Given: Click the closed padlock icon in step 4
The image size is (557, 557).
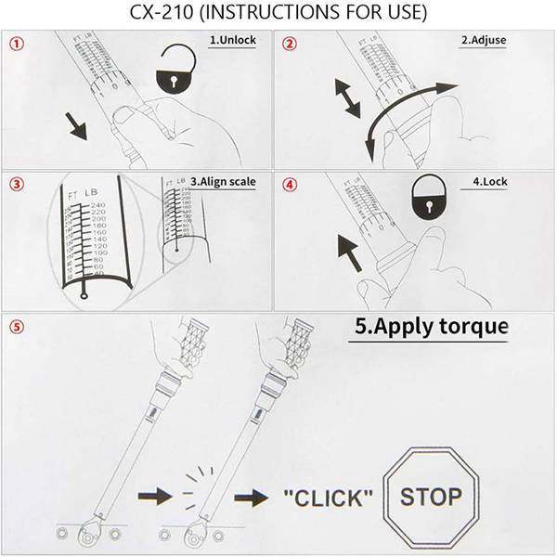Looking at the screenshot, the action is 427,200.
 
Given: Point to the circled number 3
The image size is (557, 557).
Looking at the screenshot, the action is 15,184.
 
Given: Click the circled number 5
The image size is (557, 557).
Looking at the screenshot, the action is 15,328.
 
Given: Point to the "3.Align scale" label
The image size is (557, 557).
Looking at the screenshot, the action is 223,181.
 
